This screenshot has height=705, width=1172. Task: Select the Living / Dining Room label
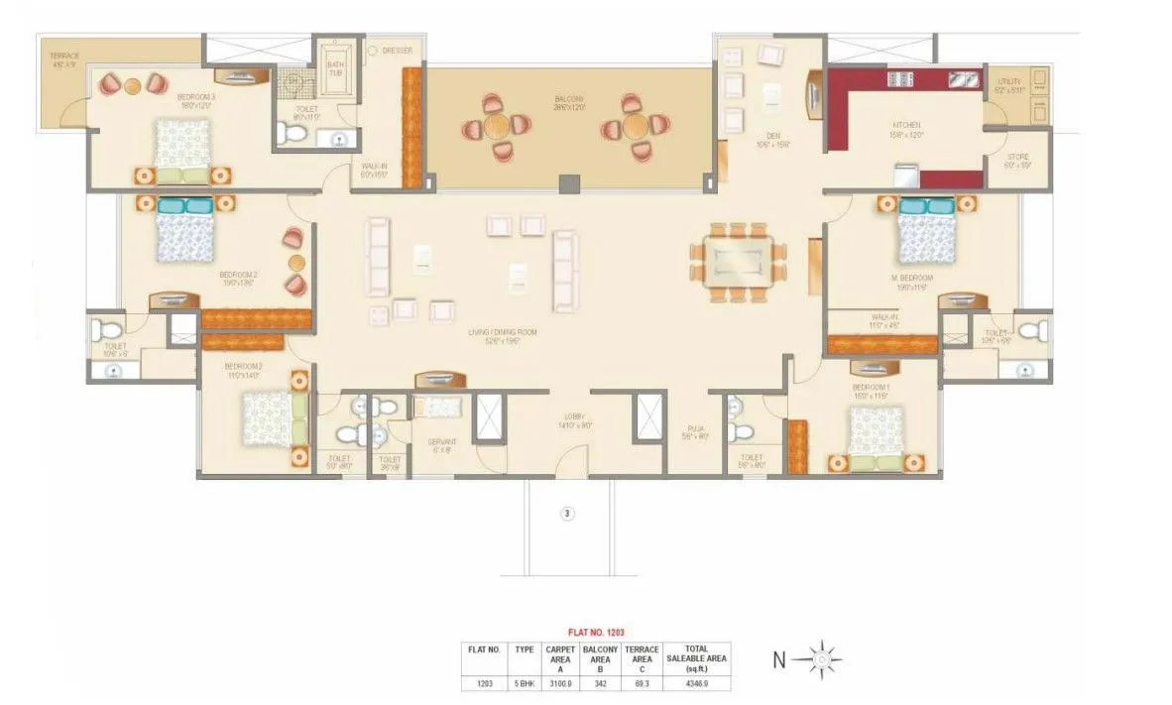[503, 333]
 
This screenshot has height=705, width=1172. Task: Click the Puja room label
[696, 432]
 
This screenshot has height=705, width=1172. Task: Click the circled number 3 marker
[567, 514]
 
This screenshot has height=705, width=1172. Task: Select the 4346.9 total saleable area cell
[697, 683]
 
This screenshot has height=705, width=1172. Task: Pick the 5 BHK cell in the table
[525, 683]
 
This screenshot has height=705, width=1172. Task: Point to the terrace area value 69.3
[643, 683]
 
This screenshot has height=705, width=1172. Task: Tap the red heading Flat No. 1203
[595, 631]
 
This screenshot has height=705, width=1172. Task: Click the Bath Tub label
[335, 69]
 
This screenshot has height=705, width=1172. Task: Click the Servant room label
[440, 445]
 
